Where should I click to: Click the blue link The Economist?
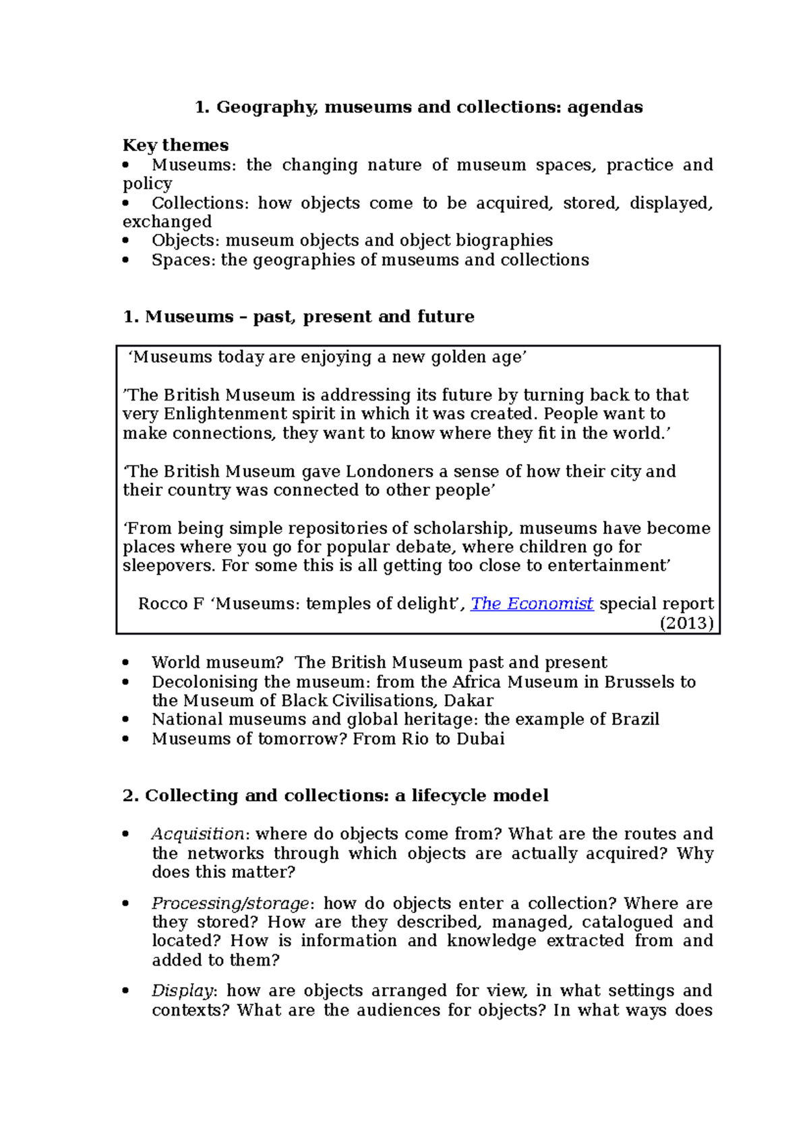point(531,604)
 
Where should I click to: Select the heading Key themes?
point(175,145)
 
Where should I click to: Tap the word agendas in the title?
point(605,107)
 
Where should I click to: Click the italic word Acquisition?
point(197,834)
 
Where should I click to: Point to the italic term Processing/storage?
point(230,904)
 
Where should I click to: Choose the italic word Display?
point(182,991)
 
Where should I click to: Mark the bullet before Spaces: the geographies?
point(126,260)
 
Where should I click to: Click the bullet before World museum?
point(126,663)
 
